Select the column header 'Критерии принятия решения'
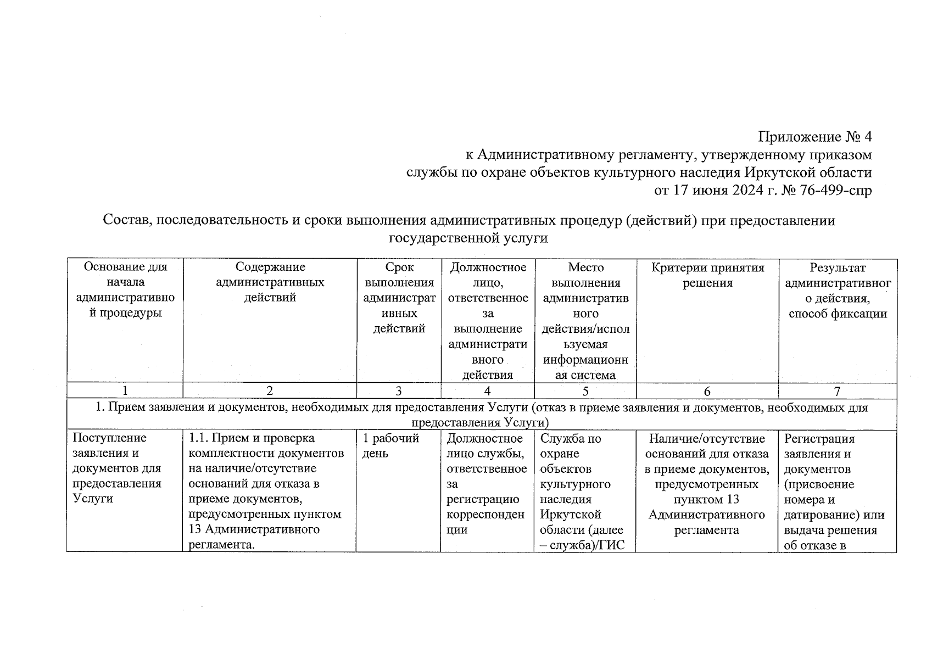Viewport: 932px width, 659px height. [707, 275]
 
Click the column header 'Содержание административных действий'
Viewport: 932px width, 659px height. [270, 282]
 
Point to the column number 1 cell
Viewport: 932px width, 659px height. [125, 391]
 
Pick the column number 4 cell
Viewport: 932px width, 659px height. [487, 391]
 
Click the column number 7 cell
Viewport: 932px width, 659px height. [837, 391]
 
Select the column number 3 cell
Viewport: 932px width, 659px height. [399, 391]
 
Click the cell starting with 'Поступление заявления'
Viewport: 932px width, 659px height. [117, 468]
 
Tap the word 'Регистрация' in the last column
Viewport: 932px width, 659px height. [819, 439]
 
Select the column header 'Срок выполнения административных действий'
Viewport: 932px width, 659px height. [399, 298]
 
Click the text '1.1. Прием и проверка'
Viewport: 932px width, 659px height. [252, 438]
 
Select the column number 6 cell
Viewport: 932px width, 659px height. [707, 391]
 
